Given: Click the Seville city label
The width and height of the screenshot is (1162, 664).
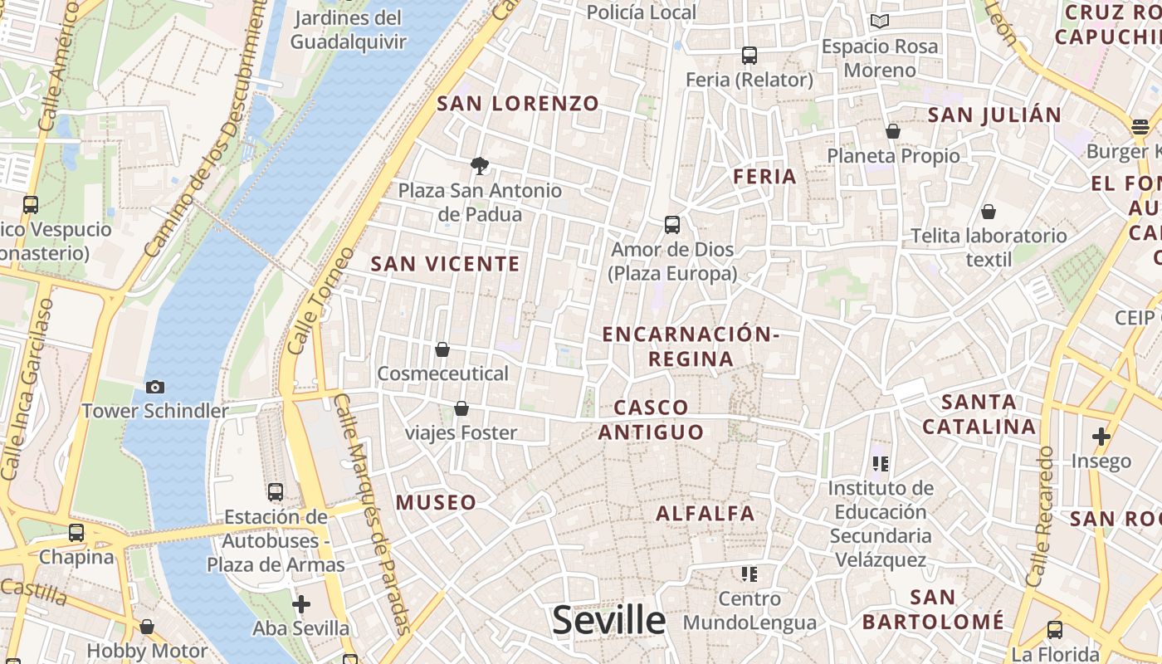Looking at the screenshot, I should [608, 620].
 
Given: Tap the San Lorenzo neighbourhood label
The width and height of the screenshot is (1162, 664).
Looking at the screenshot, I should [518, 104].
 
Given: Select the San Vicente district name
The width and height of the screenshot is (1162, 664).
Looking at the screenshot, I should [445, 264].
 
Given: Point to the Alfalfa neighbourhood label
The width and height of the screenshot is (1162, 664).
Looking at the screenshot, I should [705, 513].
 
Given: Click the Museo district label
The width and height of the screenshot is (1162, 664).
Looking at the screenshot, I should [436, 502].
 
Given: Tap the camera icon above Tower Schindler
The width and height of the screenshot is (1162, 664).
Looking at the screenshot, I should [154, 387].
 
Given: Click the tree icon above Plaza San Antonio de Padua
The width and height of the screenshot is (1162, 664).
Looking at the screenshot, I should [479, 166].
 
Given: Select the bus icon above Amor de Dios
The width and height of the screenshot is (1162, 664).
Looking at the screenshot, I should [672, 224].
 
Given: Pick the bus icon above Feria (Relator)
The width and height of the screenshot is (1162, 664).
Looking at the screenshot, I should [749, 56].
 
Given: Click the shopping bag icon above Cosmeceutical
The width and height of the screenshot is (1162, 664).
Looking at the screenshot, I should [442, 349].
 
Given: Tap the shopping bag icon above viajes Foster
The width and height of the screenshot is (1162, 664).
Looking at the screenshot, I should [461, 408].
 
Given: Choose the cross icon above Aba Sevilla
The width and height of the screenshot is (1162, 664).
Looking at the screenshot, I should [301, 603].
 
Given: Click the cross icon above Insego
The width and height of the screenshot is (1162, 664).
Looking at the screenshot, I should [1101, 437].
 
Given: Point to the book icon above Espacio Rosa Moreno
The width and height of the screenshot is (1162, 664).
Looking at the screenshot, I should [880, 22].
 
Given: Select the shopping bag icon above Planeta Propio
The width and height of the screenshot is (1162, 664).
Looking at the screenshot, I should [893, 131].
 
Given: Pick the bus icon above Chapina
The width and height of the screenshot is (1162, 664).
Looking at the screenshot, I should [76, 532].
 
